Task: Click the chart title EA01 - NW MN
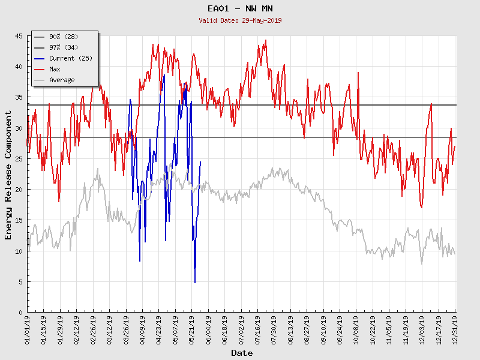(240, 8)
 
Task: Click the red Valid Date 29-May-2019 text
(240, 20)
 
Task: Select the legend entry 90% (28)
(64, 37)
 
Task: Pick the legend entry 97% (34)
(64, 47)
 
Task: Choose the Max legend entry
(55, 69)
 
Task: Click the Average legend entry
(62, 80)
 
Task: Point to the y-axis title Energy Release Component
(8, 175)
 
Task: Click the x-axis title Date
(242, 353)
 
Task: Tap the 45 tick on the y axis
(19, 36)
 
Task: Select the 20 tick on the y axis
(19, 190)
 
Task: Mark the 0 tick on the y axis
(20, 313)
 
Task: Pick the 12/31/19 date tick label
(455, 329)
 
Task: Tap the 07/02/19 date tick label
(242, 329)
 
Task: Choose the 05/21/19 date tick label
(192, 329)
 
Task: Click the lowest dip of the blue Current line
(195, 283)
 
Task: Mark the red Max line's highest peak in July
(265, 40)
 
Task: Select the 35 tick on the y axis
(19, 97)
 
